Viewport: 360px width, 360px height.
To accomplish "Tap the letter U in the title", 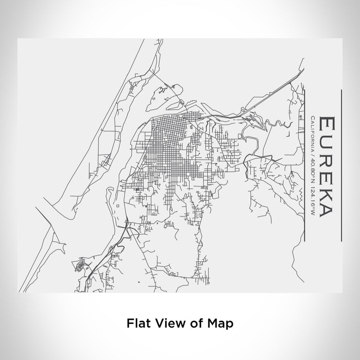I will (328, 143).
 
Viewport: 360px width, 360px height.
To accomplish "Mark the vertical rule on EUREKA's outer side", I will (342, 165).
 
